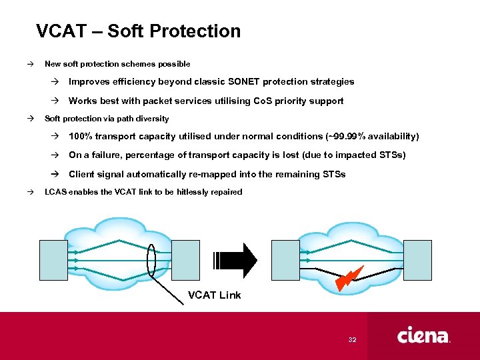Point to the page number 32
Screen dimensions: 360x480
coord(353,340)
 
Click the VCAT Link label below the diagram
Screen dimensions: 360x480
coord(214,295)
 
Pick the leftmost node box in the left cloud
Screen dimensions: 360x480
coord(54,260)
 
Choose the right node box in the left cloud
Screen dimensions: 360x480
coord(186,260)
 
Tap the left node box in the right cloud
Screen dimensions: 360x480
coord(285,260)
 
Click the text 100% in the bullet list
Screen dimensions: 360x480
coord(81,137)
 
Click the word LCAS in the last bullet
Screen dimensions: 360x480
coord(55,192)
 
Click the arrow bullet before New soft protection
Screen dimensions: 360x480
coord(30,64)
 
